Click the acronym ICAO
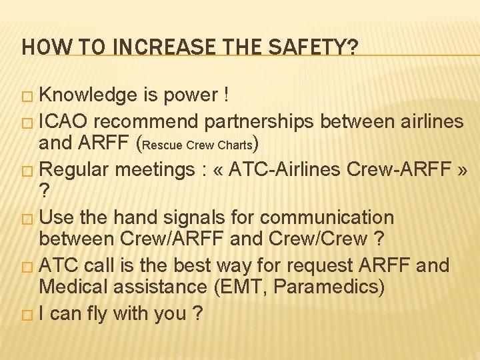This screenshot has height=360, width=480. point(65,121)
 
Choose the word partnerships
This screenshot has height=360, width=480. point(261,121)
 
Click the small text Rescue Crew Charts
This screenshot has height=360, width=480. point(198,145)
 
